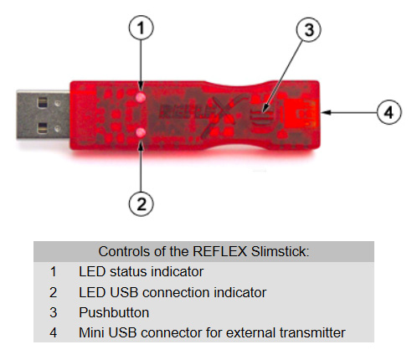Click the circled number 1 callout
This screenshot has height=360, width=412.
coord(141,28)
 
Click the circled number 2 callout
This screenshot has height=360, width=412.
coord(141,203)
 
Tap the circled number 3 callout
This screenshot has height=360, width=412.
coord(308,29)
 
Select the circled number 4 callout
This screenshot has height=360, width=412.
coord(389,112)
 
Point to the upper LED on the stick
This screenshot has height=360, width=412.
coord(141,97)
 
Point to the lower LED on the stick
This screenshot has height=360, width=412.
coord(141,133)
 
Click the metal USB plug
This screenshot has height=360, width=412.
coord(43,115)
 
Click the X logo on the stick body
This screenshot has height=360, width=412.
coord(224,115)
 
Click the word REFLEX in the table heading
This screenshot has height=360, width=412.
coord(220,251)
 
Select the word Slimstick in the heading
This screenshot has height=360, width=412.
coord(280,251)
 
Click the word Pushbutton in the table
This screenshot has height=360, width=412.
coord(114,312)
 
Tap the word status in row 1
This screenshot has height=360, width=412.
coord(129,271)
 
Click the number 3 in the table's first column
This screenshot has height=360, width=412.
coord(54,312)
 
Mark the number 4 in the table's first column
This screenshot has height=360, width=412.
coord(54,332)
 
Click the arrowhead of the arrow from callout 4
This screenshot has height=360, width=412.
coord(326,112)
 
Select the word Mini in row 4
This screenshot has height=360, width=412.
coord(91,332)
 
